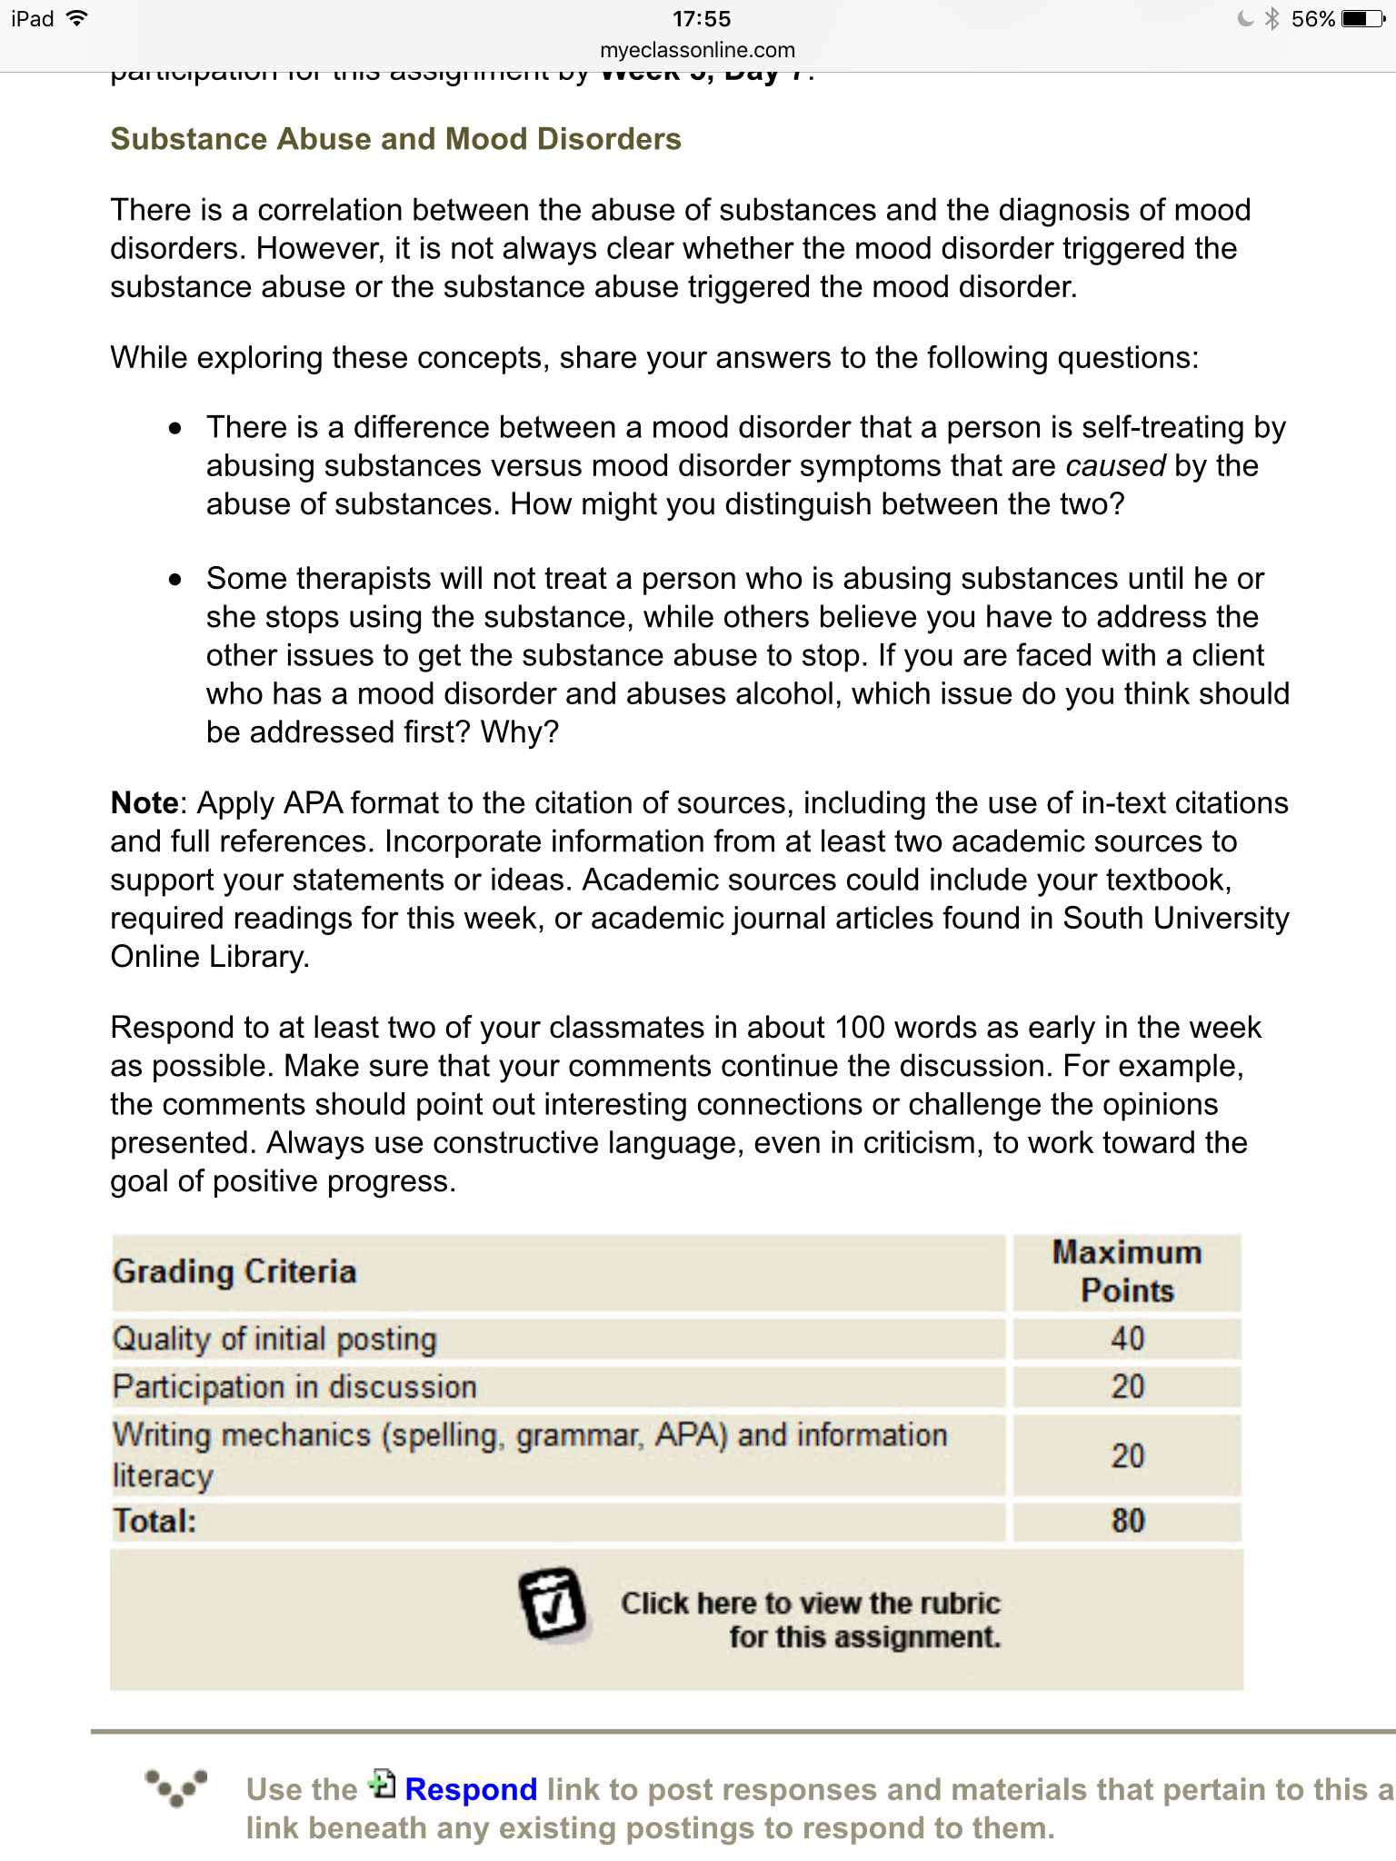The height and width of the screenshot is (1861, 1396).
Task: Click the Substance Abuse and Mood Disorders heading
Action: click(x=395, y=139)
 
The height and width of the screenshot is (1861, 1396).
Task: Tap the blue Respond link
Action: click(x=470, y=1789)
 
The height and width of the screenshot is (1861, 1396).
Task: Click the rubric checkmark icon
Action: click(x=553, y=1604)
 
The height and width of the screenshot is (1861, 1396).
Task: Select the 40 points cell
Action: click(x=1127, y=1339)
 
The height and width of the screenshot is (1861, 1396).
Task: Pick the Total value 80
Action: click(x=1127, y=1520)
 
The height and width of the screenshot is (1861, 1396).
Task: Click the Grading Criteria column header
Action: click(x=234, y=1271)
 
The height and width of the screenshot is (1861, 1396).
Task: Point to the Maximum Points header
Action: click(x=1127, y=1271)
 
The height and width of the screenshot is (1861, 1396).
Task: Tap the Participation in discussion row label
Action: click(x=294, y=1387)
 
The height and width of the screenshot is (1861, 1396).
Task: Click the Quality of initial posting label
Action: click(x=274, y=1339)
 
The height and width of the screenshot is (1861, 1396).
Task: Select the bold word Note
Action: click(x=144, y=803)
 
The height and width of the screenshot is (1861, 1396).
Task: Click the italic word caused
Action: click(x=1114, y=466)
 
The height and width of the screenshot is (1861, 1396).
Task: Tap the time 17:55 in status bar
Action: click(x=701, y=19)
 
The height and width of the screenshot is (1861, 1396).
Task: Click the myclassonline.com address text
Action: click(x=697, y=50)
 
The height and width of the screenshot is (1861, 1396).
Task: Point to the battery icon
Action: click(x=1362, y=19)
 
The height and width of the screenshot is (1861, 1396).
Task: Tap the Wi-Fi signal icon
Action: click(x=77, y=18)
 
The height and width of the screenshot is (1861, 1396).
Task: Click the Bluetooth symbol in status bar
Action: click(x=1272, y=19)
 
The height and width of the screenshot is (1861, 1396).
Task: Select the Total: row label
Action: click(x=155, y=1520)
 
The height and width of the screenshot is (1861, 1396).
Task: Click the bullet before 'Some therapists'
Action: click(x=175, y=580)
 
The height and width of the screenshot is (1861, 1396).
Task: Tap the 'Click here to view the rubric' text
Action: click(x=811, y=1619)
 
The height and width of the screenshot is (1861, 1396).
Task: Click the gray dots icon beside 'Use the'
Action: click(x=176, y=1787)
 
